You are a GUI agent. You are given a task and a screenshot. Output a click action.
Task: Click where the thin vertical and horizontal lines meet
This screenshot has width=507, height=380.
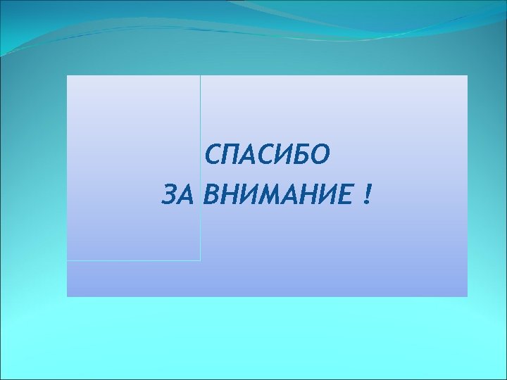tap(200, 260)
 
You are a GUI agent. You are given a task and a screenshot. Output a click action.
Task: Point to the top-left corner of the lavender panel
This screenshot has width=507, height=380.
tap(68, 76)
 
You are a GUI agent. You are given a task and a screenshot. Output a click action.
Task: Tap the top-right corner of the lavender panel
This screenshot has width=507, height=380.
tap(467, 76)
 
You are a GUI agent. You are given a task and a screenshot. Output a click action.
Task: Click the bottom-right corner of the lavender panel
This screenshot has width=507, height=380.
tap(467, 296)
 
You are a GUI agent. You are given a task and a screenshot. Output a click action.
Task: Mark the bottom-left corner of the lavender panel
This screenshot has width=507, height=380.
tap(68, 296)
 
